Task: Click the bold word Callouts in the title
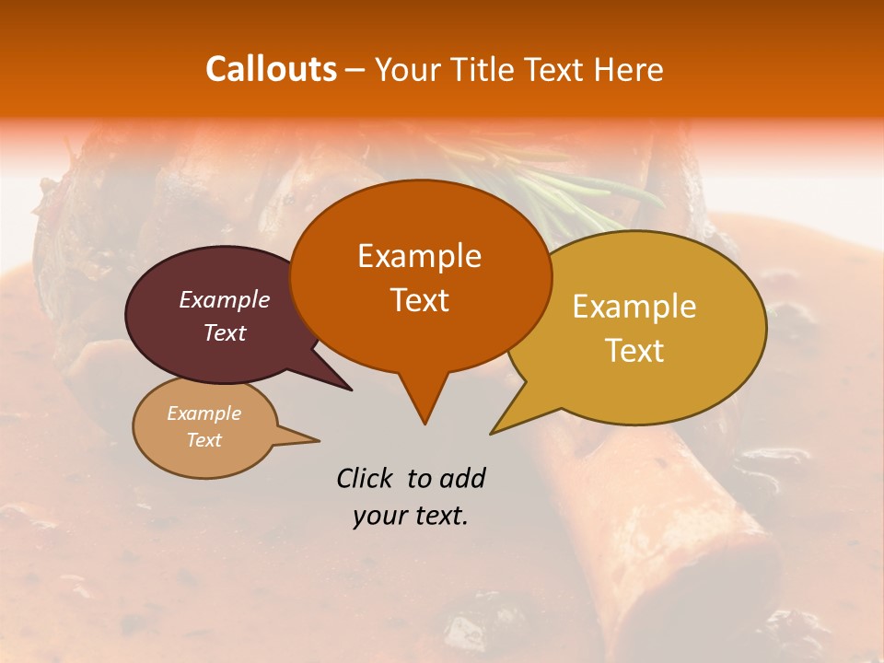(271, 69)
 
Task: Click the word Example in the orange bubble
(419, 256)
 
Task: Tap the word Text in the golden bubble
(634, 351)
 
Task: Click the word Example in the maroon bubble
(224, 299)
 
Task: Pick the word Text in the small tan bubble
(204, 440)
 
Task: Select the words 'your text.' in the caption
(410, 516)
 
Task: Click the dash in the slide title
(355, 69)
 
